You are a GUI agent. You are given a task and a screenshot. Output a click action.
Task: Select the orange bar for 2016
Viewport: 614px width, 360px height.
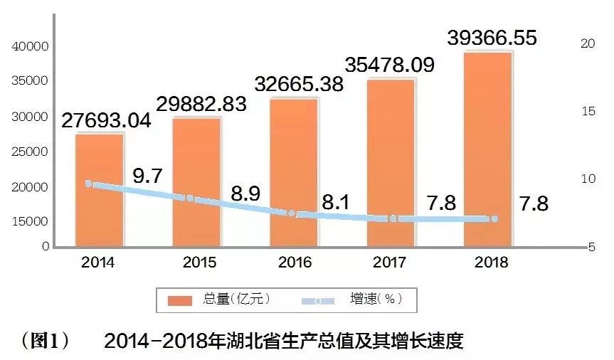(294, 171)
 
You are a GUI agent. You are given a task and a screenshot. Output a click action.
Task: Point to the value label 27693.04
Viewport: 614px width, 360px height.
(106, 120)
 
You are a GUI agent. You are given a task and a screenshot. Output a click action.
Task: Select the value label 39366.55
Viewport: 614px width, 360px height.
(492, 38)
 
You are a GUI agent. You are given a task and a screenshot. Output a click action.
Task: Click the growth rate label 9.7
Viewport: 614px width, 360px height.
(148, 176)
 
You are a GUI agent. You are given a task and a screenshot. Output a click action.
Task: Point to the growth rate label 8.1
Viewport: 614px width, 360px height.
(335, 203)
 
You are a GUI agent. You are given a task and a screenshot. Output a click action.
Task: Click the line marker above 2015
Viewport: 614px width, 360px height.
(190, 198)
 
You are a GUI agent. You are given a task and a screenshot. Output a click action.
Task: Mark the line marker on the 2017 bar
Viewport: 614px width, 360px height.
(393, 218)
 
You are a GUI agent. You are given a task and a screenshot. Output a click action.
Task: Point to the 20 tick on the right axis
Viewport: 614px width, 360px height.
(588, 43)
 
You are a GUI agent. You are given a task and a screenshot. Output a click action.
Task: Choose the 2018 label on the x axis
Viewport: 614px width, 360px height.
(491, 263)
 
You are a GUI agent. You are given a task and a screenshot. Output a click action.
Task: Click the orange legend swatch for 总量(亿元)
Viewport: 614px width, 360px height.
(181, 300)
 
